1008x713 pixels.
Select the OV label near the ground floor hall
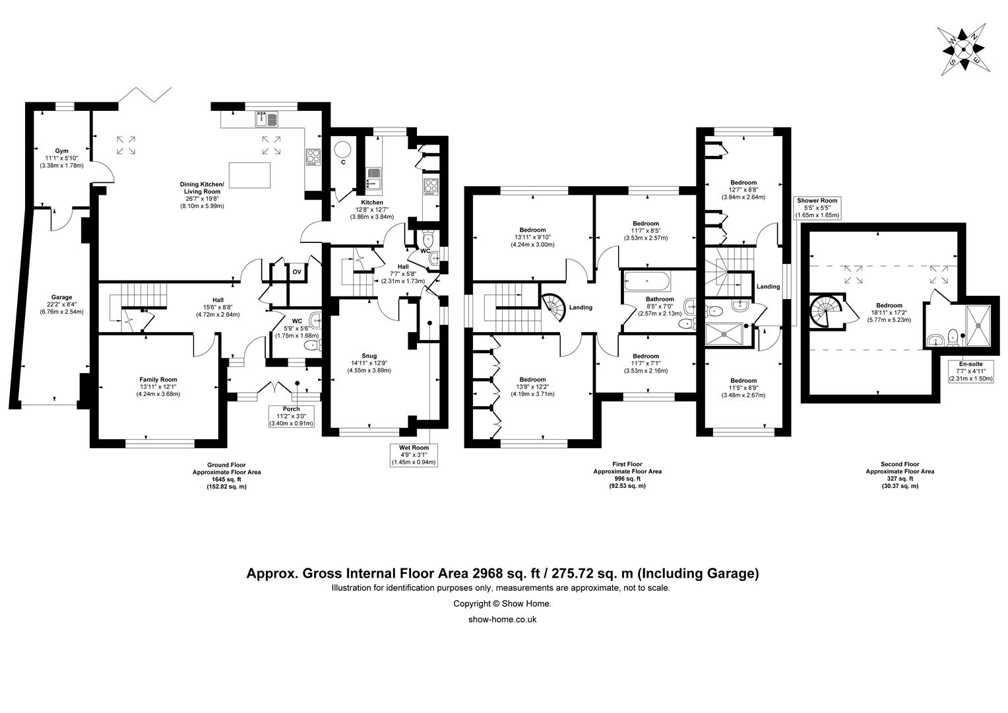click(297, 271)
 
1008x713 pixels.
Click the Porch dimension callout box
click(292, 417)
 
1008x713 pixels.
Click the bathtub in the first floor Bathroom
click(646, 282)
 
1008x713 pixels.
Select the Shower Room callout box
click(817, 207)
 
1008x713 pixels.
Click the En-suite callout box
click(970, 371)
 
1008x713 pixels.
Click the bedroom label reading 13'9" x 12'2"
click(532, 387)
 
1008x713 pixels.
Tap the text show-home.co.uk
click(502, 619)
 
